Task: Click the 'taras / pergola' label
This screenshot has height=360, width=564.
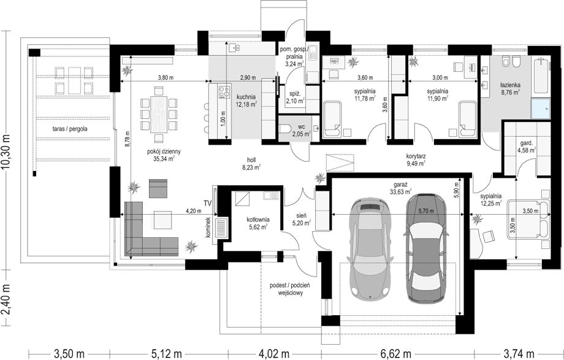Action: [69, 129]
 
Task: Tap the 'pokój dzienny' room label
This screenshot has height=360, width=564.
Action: [164, 151]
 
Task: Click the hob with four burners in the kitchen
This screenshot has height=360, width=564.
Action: [224, 91]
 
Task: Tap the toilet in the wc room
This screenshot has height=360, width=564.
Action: [287, 129]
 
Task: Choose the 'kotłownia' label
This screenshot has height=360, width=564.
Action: [258, 219]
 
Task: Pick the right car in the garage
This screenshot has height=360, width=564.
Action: [426, 248]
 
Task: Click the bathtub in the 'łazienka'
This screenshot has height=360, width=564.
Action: [540, 76]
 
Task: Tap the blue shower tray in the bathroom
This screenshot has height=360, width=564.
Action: [541, 109]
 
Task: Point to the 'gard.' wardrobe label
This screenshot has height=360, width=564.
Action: [524, 142]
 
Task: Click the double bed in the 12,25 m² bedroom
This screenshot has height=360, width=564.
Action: [528, 220]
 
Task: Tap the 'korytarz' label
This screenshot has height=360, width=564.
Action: [416, 156]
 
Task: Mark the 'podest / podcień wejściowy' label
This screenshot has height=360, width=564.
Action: [290, 289]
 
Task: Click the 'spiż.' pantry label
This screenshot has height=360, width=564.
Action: [294, 94]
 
